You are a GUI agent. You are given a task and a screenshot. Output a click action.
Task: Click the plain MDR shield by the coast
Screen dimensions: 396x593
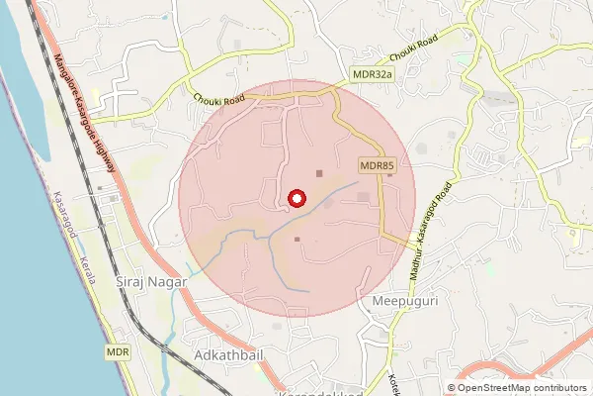[119, 351]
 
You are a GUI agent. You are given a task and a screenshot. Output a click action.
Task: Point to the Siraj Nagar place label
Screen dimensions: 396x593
[149, 281]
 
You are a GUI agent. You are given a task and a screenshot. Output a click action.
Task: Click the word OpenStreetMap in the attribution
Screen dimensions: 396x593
[500, 388]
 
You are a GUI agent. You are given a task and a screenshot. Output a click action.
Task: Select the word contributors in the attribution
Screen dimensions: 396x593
[563, 388]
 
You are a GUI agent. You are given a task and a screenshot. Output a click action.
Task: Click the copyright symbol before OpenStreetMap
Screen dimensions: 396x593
[452, 388]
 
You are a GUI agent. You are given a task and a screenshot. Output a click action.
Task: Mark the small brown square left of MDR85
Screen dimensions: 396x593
[318, 173]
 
